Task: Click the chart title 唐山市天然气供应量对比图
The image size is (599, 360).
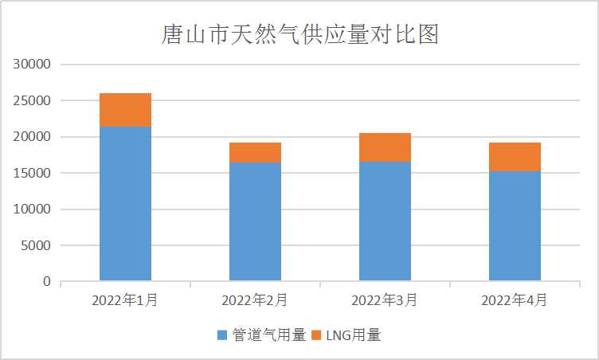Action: click(x=299, y=35)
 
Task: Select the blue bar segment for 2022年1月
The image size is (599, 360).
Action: click(x=125, y=203)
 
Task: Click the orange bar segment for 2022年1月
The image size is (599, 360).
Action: click(x=125, y=110)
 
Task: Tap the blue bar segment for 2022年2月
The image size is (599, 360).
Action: click(x=255, y=221)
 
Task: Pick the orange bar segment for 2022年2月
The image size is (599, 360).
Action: click(x=255, y=152)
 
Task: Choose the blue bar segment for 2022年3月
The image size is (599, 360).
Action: click(x=385, y=221)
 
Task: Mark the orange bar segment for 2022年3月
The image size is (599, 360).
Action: click(x=385, y=147)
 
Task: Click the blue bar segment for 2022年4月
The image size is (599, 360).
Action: click(x=515, y=225)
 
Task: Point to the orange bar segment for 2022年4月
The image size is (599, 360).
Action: click(x=515, y=157)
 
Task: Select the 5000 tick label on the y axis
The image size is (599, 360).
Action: click(x=37, y=245)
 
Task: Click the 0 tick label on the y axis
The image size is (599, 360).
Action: click(x=47, y=282)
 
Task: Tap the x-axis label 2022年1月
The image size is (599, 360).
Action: click(x=125, y=300)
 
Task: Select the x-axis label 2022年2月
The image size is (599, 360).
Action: click(x=255, y=300)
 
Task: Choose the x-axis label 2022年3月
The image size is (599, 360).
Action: click(x=385, y=300)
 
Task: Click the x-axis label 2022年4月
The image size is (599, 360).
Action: click(x=515, y=300)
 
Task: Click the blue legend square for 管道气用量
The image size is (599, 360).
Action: click(x=222, y=336)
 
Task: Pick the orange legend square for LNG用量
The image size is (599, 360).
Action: click(x=316, y=336)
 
